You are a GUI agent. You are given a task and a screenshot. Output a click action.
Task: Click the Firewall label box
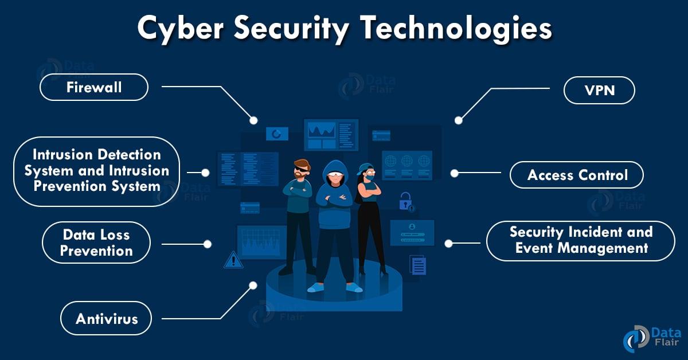[x=94, y=87]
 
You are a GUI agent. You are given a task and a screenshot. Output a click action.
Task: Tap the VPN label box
[x=599, y=91]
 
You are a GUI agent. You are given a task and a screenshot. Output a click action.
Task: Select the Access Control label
[x=577, y=175]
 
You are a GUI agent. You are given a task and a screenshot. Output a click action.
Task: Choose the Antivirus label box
[x=106, y=318]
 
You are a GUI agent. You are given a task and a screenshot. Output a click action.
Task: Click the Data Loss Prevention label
[x=96, y=242]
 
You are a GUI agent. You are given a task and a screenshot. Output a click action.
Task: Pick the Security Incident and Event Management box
[x=581, y=241]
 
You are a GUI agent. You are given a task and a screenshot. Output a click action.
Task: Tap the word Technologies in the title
[x=456, y=29]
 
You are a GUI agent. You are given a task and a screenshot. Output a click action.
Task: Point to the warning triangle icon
[x=233, y=260]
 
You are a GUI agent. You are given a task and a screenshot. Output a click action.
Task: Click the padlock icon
[x=406, y=202]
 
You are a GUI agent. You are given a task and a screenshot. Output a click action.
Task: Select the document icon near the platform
[x=418, y=265]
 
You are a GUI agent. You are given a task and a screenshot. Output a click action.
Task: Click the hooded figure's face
[x=334, y=178]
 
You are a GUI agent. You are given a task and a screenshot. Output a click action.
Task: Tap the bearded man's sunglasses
[x=302, y=169]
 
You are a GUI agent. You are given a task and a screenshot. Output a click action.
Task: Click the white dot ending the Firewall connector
[x=253, y=120]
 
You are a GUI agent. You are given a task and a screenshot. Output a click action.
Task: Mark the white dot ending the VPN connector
[x=459, y=120]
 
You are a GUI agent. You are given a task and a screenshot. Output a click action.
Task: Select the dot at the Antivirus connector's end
[x=253, y=285]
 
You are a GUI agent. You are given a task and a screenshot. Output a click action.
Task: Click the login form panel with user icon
[x=412, y=233]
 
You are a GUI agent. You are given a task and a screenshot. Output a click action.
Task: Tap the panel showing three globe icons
[x=406, y=166]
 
